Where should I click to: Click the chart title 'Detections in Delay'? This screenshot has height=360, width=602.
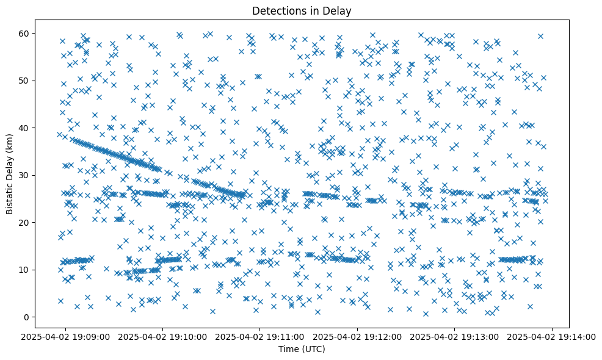pyautogui.click(x=302, y=10)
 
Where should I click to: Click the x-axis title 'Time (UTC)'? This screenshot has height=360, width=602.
pyautogui.click(x=302, y=349)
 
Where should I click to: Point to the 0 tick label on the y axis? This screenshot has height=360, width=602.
pyautogui.click(x=26, y=317)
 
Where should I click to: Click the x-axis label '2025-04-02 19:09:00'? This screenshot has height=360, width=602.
pyautogui.click(x=65, y=336)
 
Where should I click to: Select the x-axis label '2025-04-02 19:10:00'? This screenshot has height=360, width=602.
pyautogui.click(x=163, y=336)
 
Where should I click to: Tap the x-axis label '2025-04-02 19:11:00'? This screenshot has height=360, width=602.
pyautogui.click(x=260, y=336)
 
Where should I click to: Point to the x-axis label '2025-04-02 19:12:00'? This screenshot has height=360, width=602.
pyautogui.click(x=358, y=336)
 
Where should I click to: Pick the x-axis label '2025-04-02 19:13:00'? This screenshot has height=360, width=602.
pyautogui.click(x=455, y=336)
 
